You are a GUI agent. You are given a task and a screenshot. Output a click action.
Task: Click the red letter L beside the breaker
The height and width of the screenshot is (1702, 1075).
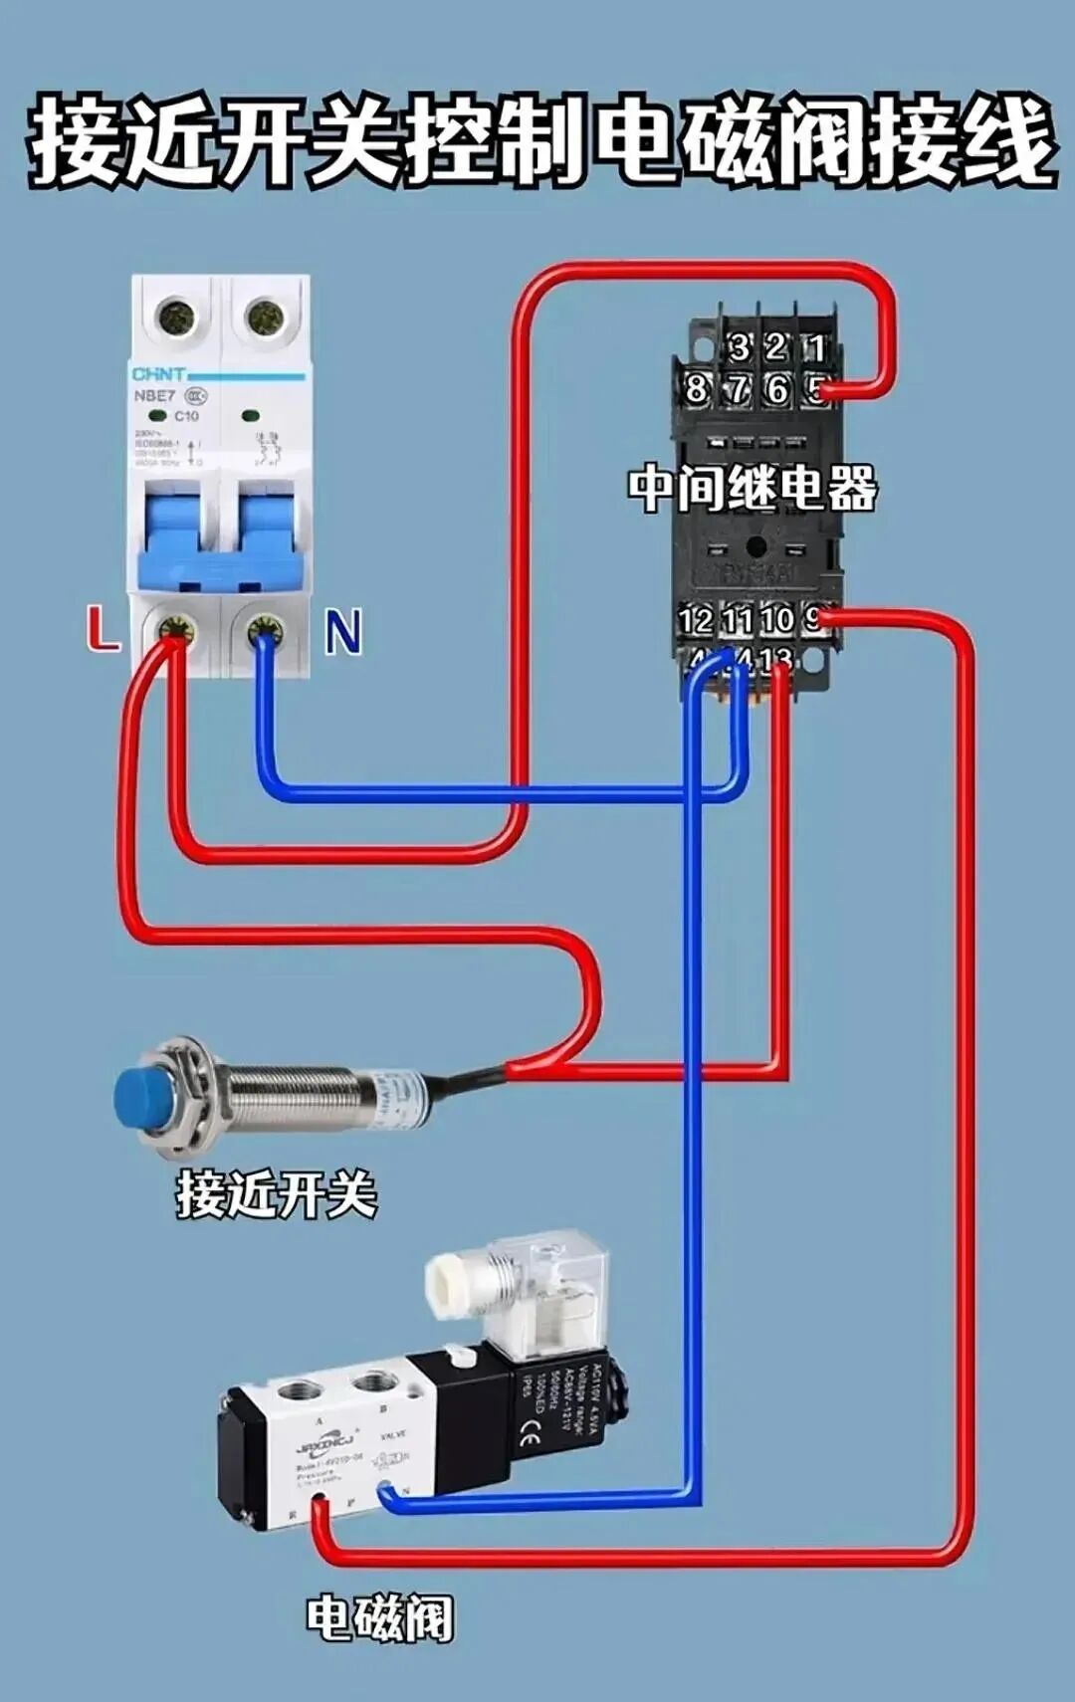point(102,629)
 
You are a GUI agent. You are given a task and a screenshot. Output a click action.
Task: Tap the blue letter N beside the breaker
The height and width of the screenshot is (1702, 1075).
point(342,632)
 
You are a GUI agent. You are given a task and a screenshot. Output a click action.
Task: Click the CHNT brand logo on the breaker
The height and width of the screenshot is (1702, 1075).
point(158,374)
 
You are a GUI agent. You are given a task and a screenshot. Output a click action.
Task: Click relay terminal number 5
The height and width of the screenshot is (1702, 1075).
point(817,388)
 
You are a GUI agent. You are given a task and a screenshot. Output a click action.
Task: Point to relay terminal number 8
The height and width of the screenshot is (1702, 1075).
point(696,388)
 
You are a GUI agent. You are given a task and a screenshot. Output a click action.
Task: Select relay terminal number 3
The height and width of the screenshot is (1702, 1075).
point(739,347)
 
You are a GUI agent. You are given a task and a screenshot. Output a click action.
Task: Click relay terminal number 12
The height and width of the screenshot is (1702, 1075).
point(695,620)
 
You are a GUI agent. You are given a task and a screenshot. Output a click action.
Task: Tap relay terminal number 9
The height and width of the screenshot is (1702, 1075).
point(814,619)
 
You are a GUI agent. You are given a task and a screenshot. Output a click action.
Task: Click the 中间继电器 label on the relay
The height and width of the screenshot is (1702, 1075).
point(752,488)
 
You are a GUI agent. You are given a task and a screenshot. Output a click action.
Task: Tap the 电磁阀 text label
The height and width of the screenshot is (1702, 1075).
point(378,1619)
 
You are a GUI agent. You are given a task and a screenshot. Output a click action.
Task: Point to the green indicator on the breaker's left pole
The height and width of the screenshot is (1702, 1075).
point(158,414)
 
